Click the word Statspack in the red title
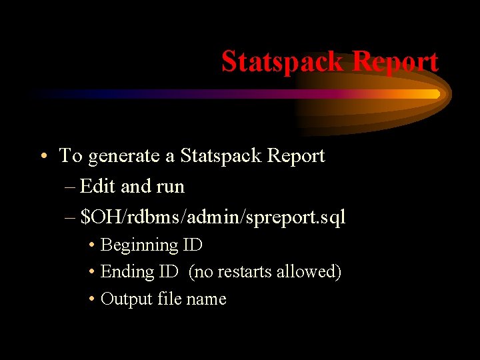point(283,61)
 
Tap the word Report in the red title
point(395,61)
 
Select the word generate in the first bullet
point(124,157)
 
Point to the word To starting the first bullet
point(71,156)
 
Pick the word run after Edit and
point(170,187)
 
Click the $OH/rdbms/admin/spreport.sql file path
point(213,217)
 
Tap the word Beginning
point(139,245)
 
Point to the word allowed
point(313,272)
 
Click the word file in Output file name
point(170,299)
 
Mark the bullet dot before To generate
point(42,157)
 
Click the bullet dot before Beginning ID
point(91,246)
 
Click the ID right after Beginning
point(193,245)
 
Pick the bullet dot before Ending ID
point(91,273)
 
